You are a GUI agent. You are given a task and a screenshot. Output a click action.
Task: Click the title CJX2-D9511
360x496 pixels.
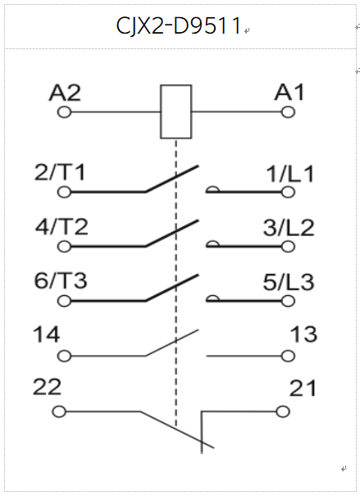pos(179,25)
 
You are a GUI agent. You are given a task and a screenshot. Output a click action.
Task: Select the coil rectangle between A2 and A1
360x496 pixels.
pos(175,84)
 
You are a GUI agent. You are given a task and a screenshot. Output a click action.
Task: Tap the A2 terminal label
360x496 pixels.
pos(65,93)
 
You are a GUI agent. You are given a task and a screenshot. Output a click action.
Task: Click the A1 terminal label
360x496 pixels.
pos(289,93)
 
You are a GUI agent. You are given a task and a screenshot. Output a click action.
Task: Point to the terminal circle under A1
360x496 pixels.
pos(288,112)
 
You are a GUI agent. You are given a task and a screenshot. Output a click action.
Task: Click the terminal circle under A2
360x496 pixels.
pos(65,112)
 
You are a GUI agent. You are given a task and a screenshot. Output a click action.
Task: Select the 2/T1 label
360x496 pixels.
pos(60,172)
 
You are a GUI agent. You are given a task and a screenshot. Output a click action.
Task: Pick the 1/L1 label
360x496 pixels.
pos(290,174)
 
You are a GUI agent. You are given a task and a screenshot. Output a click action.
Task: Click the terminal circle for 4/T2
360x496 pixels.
pos(65,247)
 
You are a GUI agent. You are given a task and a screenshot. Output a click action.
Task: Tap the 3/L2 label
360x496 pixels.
pos(289,228)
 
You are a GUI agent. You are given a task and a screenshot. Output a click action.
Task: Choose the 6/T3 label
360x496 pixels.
pos(61,280)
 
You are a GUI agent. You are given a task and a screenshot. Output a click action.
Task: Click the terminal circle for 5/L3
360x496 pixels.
pos(288,301)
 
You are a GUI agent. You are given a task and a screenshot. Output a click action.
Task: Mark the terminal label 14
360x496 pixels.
pos(47,334)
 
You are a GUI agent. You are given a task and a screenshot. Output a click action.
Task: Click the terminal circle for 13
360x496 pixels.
pos(288,356)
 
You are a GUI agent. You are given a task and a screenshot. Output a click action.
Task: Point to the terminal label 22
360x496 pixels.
pos(47,388)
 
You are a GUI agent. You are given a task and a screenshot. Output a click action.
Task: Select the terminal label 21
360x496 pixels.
pos(303,389)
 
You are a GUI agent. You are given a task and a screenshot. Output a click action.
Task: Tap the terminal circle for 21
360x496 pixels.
pos(283,412)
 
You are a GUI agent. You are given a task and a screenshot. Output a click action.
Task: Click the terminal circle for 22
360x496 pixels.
pos(59,412)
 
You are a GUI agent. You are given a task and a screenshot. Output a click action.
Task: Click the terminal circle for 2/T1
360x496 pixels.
pos(65,192)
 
